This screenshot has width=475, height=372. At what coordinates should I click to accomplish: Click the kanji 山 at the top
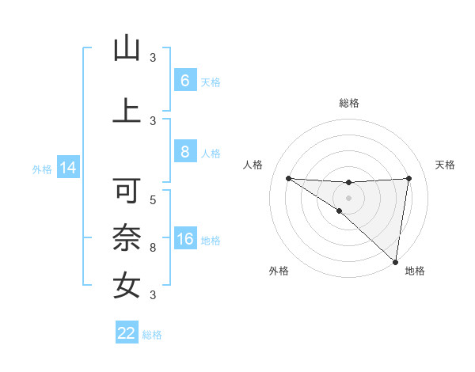point(127,48)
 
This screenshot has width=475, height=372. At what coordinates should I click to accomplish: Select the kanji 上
point(127,110)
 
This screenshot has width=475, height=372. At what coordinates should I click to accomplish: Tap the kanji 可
point(127,191)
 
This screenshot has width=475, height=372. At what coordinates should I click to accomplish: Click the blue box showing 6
point(184,81)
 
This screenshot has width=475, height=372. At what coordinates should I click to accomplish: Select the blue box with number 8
point(184,152)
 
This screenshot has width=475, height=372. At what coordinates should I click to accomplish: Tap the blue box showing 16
point(184,239)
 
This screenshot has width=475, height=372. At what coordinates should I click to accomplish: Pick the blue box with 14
point(67,168)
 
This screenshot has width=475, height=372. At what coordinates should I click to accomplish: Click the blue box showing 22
point(127,333)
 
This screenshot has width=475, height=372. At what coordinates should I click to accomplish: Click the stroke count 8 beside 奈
point(153,248)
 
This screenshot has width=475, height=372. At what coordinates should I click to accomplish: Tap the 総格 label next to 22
point(153,335)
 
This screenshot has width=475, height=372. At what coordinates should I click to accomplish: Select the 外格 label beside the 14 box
point(41,169)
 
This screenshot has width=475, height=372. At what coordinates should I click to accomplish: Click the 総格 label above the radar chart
point(348,103)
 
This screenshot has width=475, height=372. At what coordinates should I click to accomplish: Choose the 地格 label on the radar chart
point(415,271)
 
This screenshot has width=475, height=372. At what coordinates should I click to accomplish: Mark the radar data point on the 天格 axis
point(408,178)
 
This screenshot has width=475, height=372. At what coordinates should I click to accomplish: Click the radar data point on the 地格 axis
point(396,261)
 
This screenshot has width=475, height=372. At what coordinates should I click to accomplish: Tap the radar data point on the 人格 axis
point(288,178)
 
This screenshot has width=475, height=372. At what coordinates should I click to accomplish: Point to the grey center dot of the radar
point(348,196)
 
